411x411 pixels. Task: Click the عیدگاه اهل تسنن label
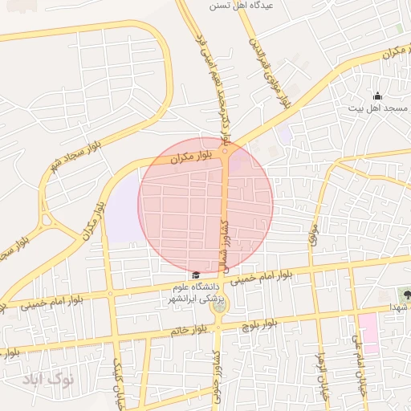[x=241, y=6]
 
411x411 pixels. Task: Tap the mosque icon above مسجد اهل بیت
[x=378, y=96]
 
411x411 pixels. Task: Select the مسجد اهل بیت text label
[x=377, y=107]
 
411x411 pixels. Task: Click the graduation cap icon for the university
[x=195, y=276]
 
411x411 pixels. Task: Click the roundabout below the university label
[x=218, y=304]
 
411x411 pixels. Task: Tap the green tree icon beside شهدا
[x=407, y=295]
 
